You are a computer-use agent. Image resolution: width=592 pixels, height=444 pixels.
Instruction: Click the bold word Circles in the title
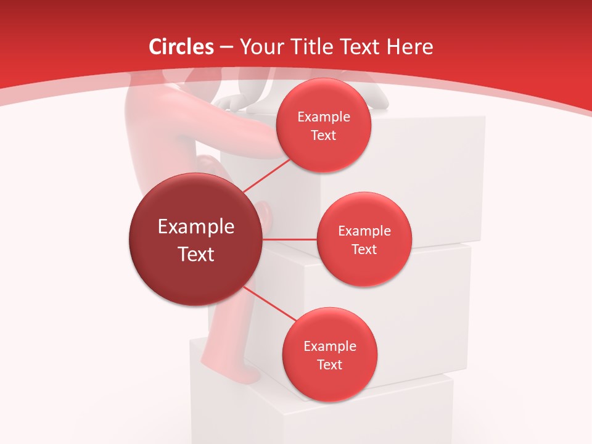(181, 47)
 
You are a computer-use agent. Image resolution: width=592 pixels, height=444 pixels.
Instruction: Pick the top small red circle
(323, 125)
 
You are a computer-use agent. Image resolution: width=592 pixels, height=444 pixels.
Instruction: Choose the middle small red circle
(364, 239)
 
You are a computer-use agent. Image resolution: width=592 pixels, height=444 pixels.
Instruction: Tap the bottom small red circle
(329, 355)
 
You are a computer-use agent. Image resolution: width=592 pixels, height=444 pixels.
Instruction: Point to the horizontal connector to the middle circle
(290, 239)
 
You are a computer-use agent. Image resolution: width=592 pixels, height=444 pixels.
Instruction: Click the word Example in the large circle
(196, 227)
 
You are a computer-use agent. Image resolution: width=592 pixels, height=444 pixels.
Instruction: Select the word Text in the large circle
(196, 254)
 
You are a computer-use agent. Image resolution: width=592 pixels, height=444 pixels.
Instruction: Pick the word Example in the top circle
(324, 117)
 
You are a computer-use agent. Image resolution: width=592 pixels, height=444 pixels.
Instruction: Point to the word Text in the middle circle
(364, 249)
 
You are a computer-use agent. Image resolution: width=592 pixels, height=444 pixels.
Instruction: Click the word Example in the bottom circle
(330, 347)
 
